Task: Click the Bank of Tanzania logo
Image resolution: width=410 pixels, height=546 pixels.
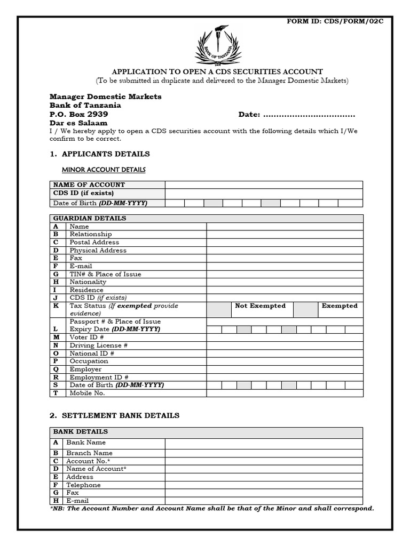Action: tap(217, 45)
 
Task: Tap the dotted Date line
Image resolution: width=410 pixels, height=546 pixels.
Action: tap(309, 115)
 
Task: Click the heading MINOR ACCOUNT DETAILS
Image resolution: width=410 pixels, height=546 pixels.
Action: tap(104, 170)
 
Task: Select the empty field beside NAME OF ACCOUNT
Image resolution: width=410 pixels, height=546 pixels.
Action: tap(264, 185)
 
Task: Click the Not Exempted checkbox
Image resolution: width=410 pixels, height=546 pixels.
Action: tap(218, 309)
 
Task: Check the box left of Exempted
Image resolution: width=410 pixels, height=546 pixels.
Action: tap(305, 309)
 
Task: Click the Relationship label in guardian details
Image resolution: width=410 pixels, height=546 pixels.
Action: tap(91, 234)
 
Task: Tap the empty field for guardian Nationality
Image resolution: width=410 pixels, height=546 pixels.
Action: tap(285, 282)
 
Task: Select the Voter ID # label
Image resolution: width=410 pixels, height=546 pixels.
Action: tap(86, 338)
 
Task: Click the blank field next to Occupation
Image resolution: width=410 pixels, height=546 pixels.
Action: tap(285, 361)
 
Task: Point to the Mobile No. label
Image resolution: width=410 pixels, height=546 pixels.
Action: tap(87, 393)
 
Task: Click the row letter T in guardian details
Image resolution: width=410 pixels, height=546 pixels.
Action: tap(56, 393)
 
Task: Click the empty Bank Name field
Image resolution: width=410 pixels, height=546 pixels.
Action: tap(264, 444)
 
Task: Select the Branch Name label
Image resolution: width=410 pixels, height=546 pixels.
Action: tap(89, 453)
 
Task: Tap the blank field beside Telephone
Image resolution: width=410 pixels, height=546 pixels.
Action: tap(264, 485)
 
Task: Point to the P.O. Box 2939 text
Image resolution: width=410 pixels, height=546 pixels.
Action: tap(79, 114)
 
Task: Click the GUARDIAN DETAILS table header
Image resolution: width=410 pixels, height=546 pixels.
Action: tap(90, 219)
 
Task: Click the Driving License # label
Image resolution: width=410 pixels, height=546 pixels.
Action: tap(98, 346)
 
